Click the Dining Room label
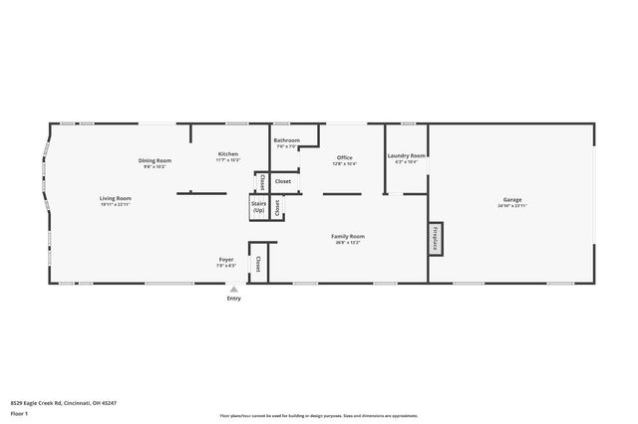click(x=156, y=160)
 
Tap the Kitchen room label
click(x=228, y=154)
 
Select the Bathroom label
click(x=287, y=140)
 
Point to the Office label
click(x=345, y=157)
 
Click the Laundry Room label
click(x=407, y=155)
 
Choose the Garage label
click(x=509, y=200)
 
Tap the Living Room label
click(x=116, y=198)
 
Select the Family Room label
click(x=348, y=236)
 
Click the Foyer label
click(x=226, y=260)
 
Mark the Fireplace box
click(x=435, y=238)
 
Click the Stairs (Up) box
click(x=259, y=207)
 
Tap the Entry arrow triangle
click(x=234, y=290)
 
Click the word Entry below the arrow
click(x=234, y=299)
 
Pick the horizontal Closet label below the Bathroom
click(x=283, y=181)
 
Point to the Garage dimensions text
click(x=509, y=206)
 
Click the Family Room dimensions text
click(x=348, y=242)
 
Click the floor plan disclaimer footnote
click(x=319, y=415)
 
